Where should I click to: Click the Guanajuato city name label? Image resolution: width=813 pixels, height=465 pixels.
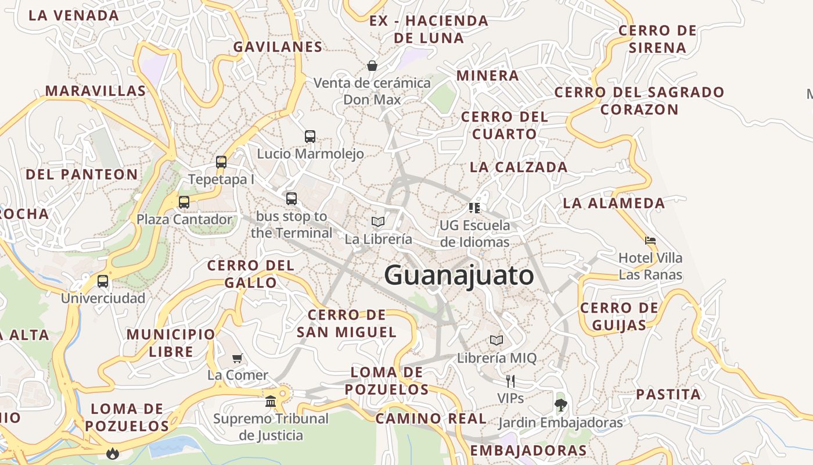coord(459,275)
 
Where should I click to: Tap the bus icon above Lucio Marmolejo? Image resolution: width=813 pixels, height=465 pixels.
coord(310,137)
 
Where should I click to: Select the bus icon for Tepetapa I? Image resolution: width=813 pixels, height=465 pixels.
coord(221,162)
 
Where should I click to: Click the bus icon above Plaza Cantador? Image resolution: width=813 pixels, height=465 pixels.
coord(184,202)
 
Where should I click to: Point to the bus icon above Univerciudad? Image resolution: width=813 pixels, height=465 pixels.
coord(103,281)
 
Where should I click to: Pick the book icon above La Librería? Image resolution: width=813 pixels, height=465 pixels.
coord(378,221)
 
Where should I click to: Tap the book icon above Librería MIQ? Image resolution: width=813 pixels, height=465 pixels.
coord(497,340)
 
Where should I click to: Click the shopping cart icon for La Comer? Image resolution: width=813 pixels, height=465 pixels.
coord(237,358)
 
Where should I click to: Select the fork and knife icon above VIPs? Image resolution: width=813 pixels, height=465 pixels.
coord(510,381)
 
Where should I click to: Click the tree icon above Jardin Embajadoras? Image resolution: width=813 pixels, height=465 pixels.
coord(560,405)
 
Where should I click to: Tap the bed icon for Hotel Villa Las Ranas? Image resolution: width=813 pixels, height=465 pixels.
coord(650,240)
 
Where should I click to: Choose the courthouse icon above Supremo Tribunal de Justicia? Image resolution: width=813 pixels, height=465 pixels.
coord(271,401)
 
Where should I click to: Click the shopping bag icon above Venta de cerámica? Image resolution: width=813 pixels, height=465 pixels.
coord(372,65)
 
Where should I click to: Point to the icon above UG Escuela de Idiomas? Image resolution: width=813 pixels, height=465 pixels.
coord(474,208)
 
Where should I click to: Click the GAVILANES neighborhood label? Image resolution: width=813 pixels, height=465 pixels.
coord(278,47)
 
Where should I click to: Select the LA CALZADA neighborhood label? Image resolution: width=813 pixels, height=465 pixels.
coord(519,167)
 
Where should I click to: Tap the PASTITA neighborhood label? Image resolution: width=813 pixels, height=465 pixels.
coord(668,395)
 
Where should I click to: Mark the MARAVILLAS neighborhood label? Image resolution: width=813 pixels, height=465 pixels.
coord(96,91)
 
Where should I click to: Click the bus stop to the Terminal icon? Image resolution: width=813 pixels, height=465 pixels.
coord(292,199)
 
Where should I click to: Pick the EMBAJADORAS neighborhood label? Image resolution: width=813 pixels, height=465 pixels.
coord(528,450)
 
